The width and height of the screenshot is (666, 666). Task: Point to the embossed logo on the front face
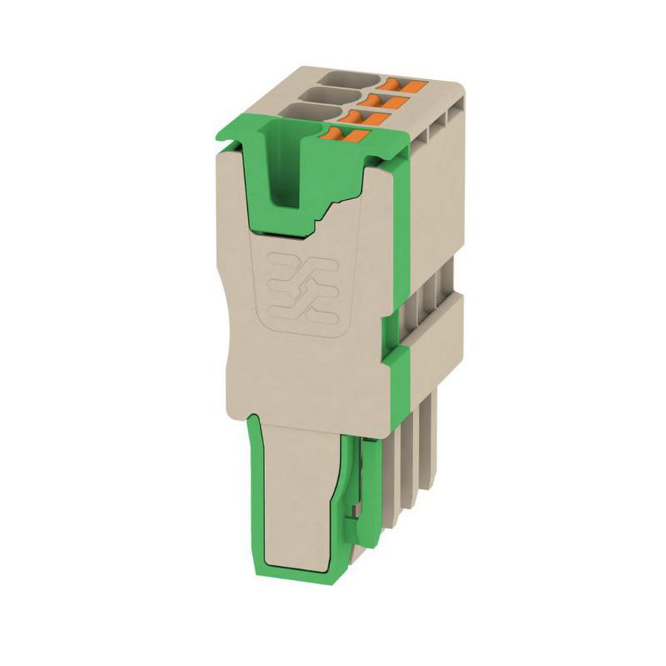tap(301, 292)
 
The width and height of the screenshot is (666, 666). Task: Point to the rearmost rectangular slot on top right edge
tap(453, 111)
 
